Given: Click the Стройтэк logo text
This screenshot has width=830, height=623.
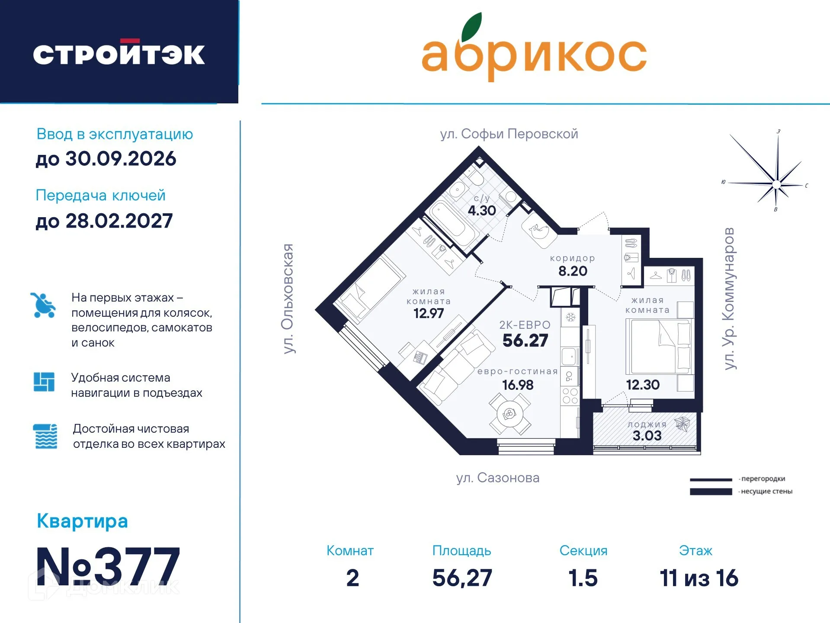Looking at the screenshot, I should coord(119,54).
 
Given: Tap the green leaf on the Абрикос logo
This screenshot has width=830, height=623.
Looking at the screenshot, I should coord(472,27).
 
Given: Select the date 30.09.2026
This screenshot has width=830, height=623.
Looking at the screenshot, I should coord(120,159).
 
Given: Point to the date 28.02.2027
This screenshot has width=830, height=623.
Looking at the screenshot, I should coord(119,221).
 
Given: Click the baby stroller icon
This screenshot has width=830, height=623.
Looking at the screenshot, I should coord(43,305).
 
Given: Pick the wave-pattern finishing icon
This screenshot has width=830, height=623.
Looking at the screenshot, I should coord(45,436).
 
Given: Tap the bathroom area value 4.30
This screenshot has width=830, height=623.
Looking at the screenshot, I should coord(481,210).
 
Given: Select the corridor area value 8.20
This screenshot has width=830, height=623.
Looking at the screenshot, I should coord(572,271).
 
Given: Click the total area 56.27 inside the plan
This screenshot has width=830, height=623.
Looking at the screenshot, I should coord(525,340).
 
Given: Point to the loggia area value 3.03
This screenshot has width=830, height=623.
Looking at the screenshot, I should coord(647,436).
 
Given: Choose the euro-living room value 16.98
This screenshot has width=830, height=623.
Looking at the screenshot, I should coord(517,385).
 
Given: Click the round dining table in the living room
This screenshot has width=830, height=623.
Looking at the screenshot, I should coord(510,414).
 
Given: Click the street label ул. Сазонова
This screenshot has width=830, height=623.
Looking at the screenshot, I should coord(497,478).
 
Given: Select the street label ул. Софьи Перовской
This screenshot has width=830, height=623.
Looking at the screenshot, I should coord(509,134).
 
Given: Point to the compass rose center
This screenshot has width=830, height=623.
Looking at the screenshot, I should coord(776,184).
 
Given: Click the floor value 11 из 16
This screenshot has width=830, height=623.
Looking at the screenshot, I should coord(699,578).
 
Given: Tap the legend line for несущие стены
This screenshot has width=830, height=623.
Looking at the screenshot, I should coord(711,491).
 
